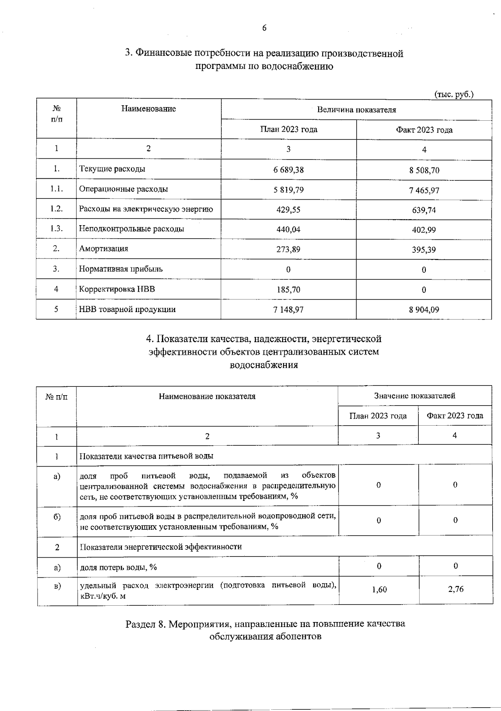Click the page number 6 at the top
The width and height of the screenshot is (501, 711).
tap(264, 28)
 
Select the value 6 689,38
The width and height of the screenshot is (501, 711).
tap(288, 170)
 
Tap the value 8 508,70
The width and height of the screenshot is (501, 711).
tap(424, 170)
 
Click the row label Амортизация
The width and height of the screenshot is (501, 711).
tap(104, 249)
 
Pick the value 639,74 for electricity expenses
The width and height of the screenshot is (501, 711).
tap(424, 210)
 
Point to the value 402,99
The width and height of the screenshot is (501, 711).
tap(424, 230)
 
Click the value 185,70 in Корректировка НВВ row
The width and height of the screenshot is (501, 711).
tap(288, 289)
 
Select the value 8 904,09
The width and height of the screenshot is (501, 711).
tap(424, 310)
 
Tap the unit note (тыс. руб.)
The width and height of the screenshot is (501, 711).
tap(454, 94)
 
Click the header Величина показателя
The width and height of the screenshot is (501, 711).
tap(356, 110)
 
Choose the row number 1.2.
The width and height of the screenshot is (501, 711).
tap(56, 209)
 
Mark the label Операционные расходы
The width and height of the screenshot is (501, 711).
tap(124, 189)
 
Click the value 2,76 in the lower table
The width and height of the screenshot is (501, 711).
tap(455, 589)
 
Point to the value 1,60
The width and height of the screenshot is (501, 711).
tap(379, 589)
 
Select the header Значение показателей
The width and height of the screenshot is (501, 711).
tap(414, 396)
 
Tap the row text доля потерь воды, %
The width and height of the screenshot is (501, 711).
tap(118, 567)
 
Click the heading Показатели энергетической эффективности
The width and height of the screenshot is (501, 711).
tap(161, 547)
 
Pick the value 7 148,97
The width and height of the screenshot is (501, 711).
tap(288, 310)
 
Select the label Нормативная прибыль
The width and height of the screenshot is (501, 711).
tap(121, 269)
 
